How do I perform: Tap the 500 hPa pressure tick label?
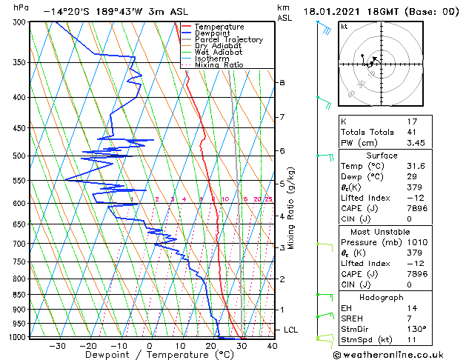click(x=19, y=156)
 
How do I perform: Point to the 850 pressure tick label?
click(x=19, y=295)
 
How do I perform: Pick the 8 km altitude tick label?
click(x=282, y=82)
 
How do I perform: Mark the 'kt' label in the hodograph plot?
click(x=344, y=26)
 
